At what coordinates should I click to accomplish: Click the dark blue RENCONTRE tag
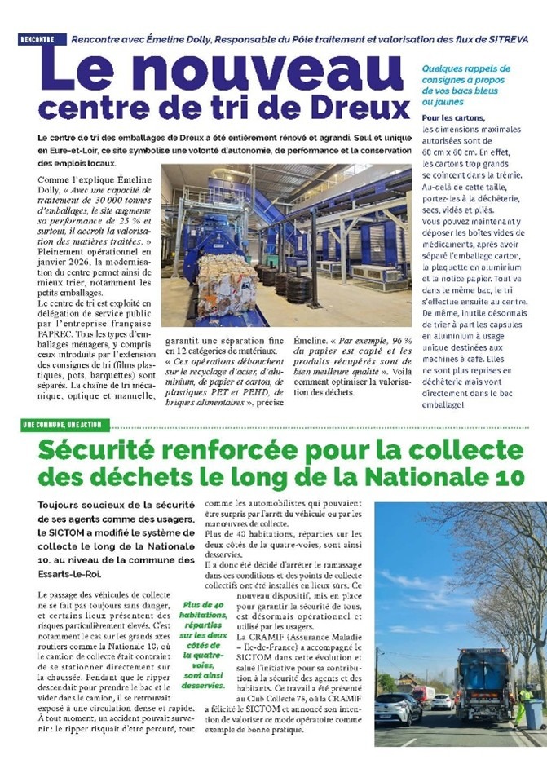[37, 39]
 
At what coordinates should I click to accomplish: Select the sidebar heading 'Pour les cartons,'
[454, 118]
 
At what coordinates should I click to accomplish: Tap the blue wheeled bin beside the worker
[533, 713]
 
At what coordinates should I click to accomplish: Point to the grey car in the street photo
[395, 708]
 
